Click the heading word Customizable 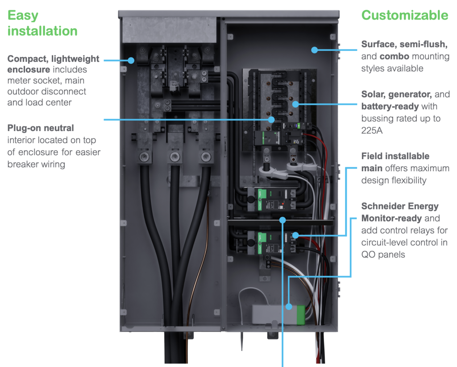pos(404,15)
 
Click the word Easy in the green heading pos(23,15)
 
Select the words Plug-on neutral pos(41,128)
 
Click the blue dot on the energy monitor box pos(289,306)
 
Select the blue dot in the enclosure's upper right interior pos(315,50)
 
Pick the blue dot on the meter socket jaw pos(131,60)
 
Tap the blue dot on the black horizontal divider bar pos(283,219)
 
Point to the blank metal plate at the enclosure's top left pos(169,29)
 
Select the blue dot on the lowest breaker pos(295,235)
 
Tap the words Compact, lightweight pos(54,59)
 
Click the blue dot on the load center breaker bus pos(295,104)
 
